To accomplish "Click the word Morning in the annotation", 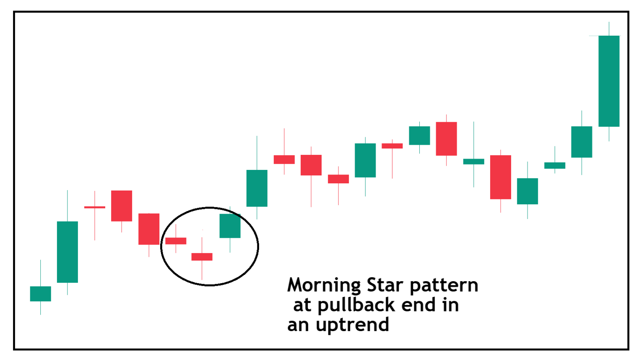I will point(324,286).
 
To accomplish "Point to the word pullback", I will point(356,305).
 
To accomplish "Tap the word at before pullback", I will point(302,305).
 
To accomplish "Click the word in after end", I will point(450,305).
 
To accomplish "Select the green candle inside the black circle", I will point(230,226).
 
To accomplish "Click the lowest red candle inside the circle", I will point(202,257).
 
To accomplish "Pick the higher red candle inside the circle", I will point(176,241).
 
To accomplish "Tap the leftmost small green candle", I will point(40,294).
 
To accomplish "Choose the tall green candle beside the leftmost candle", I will point(67,252).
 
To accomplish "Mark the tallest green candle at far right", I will point(609,81).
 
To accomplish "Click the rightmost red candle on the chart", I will point(500,177).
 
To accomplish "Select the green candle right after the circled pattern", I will point(257,188).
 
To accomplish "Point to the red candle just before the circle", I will point(149,229).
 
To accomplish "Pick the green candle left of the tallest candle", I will point(582,142).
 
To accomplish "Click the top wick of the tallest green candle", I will point(609,29).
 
